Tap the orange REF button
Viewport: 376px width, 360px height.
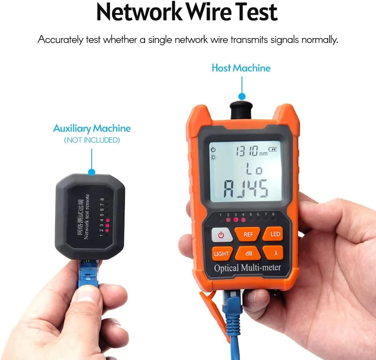pyautogui.click(x=248, y=234)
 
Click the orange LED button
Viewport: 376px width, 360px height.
pyautogui.click(x=274, y=234)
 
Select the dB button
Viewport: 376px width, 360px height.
pyautogui.click(x=248, y=253)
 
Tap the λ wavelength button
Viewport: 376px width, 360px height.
pyautogui.click(x=274, y=253)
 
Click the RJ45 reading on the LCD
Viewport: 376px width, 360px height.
pyautogui.click(x=246, y=189)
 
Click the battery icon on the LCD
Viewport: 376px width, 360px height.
pyautogui.click(x=272, y=149)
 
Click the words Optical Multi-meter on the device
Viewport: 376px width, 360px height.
pyautogui.click(x=248, y=268)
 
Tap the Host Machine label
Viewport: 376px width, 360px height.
pyautogui.click(x=241, y=68)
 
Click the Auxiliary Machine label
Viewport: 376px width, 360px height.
pyautogui.click(x=92, y=128)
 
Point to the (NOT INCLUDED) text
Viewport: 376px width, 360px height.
pyautogui.click(x=92, y=140)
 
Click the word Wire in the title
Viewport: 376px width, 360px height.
pyautogui.click(x=208, y=12)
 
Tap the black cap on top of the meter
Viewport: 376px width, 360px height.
pyautogui.click(x=241, y=110)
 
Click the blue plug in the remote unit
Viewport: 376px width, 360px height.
pyautogui.click(x=88, y=273)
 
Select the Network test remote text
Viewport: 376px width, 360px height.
pyautogui.click(x=86, y=217)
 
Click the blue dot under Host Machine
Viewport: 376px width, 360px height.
pyautogui.click(x=242, y=97)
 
